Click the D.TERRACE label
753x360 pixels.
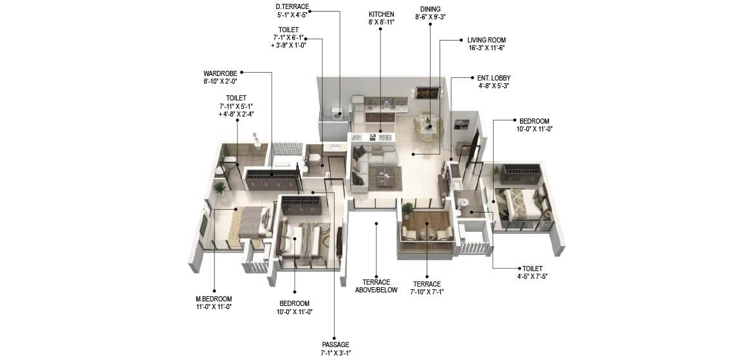pyautogui.click(x=292, y=7)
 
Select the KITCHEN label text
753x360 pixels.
pyautogui.click(x=381, y=14)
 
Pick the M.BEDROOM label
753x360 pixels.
pyautogui.click(x=214, y=299)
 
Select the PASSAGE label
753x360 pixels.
pyautogui.click(x=335, y=344)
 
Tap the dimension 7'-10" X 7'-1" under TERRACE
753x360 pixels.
pyautogui.click(x=427, y=292)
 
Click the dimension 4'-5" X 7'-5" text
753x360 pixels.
pyautogui.click(x=532, y=276)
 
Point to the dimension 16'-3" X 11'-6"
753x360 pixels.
pyautogui.click(x=487, y=48)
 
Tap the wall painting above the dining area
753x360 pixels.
pyautogui.click(x=426, y=93)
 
